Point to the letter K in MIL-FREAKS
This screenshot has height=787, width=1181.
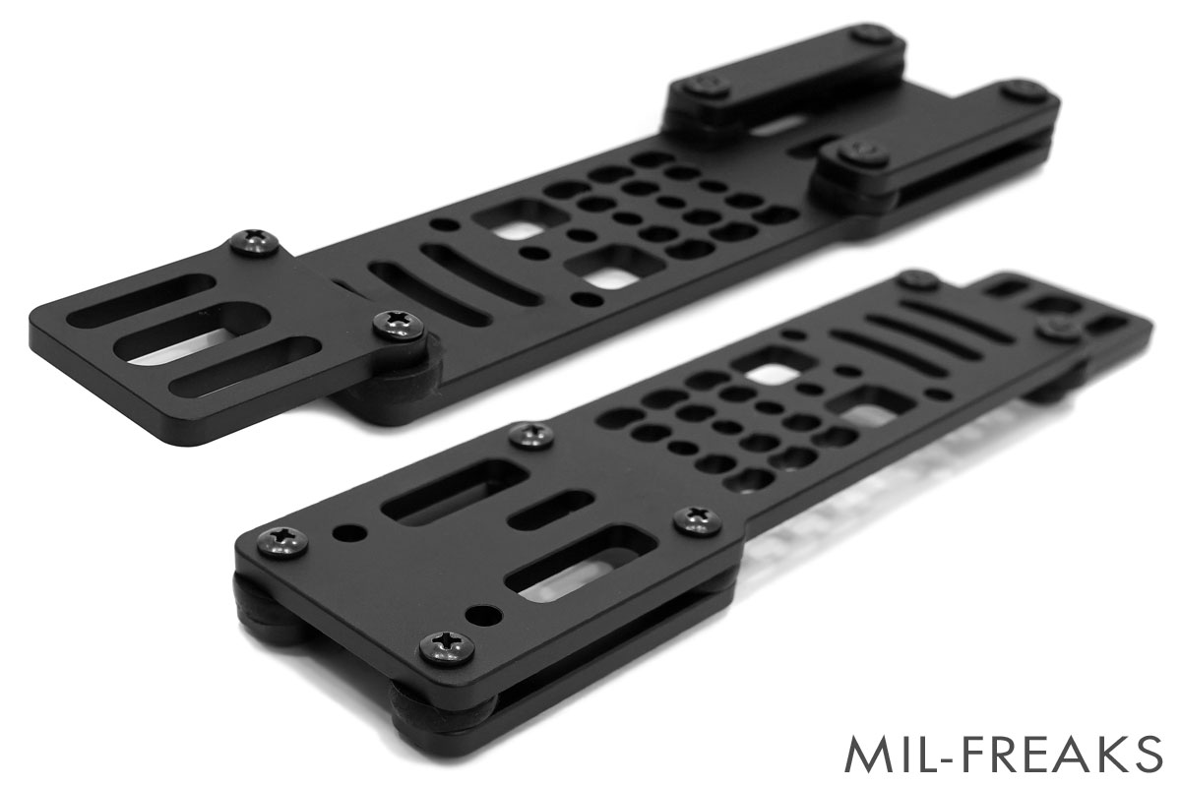tap(1112, 754)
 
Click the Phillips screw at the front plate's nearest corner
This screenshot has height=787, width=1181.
tap(446, 647)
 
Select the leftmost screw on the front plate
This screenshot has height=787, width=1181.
tap(282, 541)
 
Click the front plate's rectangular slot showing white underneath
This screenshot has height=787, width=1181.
tap(581, 564)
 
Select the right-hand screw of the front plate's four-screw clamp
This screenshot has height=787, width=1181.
tap(698, 519)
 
